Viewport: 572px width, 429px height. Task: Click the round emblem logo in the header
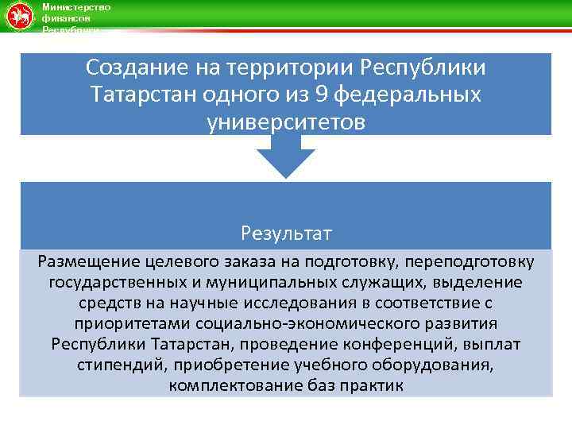click(x=17, y=17)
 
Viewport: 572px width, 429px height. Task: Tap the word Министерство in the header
click(x=75, y=6)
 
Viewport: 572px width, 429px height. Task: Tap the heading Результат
click(x=286, y=234)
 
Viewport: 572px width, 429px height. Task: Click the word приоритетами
click(x=124, y=324)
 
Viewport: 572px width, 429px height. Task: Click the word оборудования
click(x=432, y=365)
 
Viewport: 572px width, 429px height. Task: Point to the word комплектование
click(x=229, y=386)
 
